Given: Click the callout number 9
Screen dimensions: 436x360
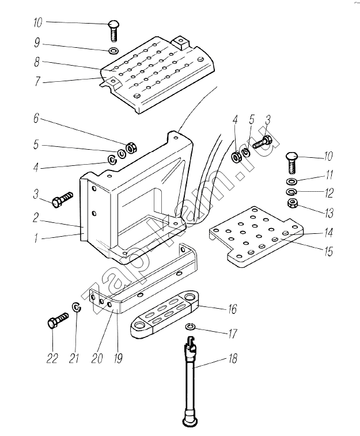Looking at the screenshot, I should [37, 43].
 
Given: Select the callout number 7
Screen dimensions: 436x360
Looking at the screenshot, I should [37, 82].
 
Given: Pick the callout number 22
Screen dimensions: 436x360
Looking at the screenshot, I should [52, 358].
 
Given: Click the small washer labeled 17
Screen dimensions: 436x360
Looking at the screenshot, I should [191, 328].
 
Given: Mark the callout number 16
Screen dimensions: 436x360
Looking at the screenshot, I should [232, 309].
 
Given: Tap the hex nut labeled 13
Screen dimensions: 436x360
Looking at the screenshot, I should [292, 203].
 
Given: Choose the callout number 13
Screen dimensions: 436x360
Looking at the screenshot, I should [329, 213].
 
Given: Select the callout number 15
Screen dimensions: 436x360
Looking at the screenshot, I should [329, 251].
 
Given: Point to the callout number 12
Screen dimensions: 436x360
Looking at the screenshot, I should [329, 193].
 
